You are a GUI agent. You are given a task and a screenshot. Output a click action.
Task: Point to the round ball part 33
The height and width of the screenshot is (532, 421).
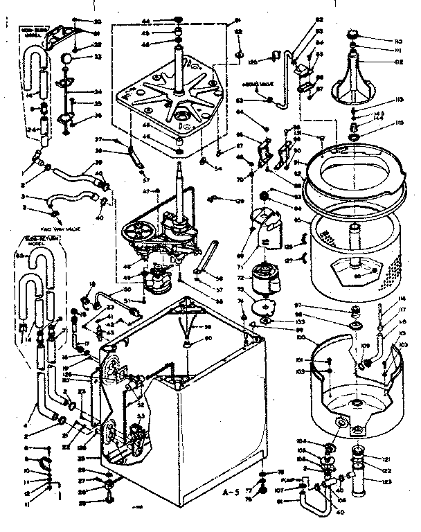(x=65, y=60)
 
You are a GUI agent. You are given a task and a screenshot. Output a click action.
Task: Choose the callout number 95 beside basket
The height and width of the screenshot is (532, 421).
(x=298, y=222)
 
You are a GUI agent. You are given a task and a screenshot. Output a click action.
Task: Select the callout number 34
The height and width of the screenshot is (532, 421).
(x=98, y=92)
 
